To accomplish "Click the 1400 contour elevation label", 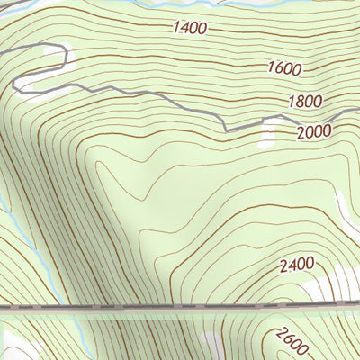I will point(190,28).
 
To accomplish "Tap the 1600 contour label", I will point(283,67).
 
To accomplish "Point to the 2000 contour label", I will point(313,131).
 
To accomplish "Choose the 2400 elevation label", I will point(296,265).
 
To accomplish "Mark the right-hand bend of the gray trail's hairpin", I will point(66,60).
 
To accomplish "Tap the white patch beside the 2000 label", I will point(268,133).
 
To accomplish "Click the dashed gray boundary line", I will point(180,307).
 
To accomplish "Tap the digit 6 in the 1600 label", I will point(278,67).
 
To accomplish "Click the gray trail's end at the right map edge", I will point(356,111).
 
